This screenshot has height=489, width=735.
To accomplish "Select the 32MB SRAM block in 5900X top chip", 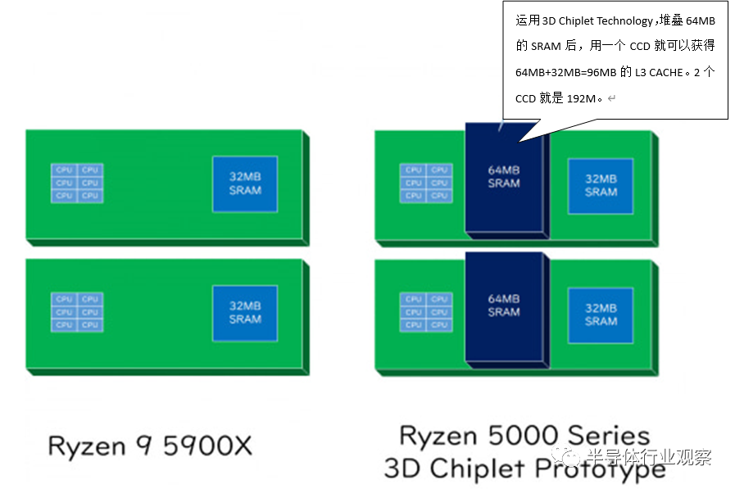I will (x=245, y=183).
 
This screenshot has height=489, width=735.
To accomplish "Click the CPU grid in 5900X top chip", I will (x=77, y=183).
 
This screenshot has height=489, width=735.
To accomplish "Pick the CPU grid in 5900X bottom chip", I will (x=77, y=312).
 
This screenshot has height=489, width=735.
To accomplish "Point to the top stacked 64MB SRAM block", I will (x=504, y=177).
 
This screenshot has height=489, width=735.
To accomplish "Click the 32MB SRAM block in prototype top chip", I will (x=601, y=185).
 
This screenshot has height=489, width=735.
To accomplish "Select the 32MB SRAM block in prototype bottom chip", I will (x=601, y=315).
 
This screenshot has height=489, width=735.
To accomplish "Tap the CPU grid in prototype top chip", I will (x=426, y=183).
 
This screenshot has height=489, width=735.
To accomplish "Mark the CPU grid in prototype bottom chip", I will (x=426, y=312).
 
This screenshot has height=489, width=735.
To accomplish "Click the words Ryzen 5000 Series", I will (x=524, y=435).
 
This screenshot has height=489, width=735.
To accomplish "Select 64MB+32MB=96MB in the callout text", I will (x=566, y=72).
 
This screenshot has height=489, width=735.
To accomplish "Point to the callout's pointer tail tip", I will (x=500, y=129).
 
